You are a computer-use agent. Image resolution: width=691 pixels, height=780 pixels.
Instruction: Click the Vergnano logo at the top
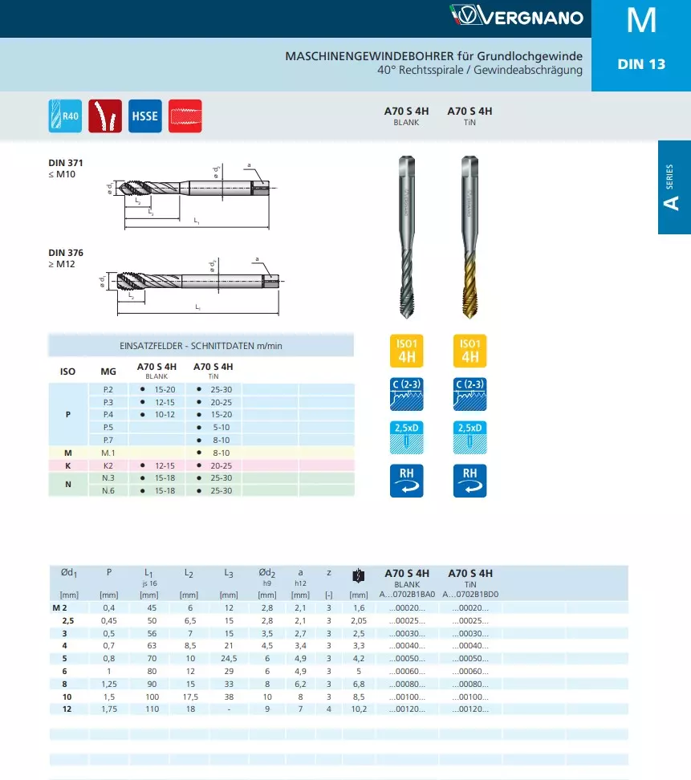click(x=516, y=15)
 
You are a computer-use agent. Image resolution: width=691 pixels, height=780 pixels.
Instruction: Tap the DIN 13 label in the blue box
click(x=641, y=64)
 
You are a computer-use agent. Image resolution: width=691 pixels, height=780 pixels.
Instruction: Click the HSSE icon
click(x=144, y=116)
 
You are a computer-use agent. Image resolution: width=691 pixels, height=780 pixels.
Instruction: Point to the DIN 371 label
click(x=65, y=163)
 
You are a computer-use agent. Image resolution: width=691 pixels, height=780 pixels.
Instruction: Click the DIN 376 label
click(x=65, y=253)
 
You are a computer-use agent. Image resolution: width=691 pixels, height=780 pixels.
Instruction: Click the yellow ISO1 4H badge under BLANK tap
click(x=406, y=350)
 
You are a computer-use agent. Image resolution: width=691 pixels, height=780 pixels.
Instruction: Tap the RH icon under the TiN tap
click(x=470, y=480)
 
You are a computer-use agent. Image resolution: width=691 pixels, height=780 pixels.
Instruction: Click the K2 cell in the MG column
click(x=108, y=465)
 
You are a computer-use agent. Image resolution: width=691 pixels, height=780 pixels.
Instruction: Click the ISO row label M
click(x=68, y=453)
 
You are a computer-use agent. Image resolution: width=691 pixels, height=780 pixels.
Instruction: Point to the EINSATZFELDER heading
click(x=201, y=346)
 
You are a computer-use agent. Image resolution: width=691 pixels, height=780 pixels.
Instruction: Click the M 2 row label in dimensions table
click(x=69, y=608)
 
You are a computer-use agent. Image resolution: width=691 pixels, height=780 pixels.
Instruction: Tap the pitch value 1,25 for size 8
click(x=109, y=684)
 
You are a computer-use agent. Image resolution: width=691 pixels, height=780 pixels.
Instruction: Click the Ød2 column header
click(x=267, y=573)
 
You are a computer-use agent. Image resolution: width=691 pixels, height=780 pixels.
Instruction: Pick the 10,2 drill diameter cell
click(x=358, y=709)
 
